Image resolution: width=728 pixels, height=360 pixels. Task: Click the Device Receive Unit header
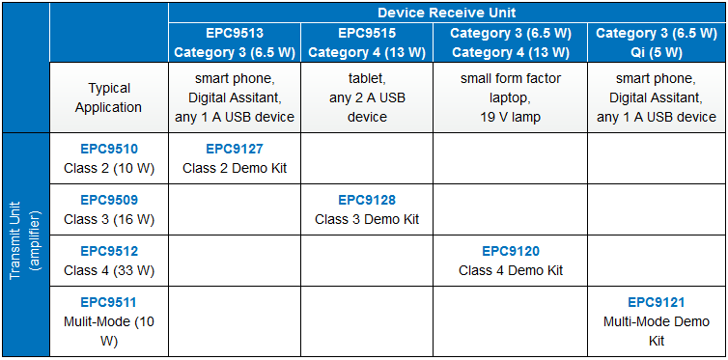coord(446,13)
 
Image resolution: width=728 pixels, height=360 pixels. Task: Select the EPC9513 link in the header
coord(235,33)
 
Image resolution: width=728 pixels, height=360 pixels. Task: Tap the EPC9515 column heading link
coord(367,33)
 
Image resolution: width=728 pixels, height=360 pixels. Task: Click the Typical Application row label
coord(108,98)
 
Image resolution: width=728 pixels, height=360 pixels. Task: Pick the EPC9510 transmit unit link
coord(108,149)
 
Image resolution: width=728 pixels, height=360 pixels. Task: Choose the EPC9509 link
coord(108,200)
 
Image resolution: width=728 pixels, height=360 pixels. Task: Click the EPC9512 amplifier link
coord(108,251)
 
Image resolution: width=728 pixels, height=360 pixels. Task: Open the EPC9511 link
coord(108,303)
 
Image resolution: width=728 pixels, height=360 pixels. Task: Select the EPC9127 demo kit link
coord(235,149)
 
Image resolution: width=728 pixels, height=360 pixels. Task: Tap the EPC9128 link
coord(367,200)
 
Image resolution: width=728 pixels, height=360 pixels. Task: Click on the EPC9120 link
coord(511,251)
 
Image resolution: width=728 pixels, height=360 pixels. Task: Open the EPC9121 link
coord(657,302)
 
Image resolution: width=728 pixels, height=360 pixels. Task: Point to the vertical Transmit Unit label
coord(24,245)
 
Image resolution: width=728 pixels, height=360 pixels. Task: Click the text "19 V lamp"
coord(511,117)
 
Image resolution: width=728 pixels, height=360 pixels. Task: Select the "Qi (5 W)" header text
coord(657,50)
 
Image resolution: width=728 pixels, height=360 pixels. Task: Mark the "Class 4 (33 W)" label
coord(108,270)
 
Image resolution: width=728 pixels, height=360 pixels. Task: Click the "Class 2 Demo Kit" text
coord(235,168)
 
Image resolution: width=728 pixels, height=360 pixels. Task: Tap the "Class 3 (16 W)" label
coord(108,219)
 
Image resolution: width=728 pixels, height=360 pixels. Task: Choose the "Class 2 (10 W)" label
coord(108,168)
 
